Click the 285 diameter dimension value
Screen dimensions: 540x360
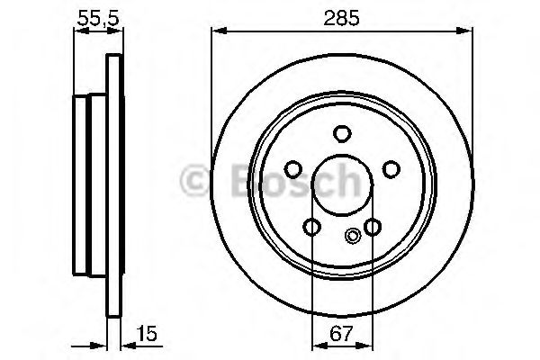tap(342, 18)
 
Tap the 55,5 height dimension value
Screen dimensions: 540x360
tap(98, 18)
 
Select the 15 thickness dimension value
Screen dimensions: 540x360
tap(147, 333)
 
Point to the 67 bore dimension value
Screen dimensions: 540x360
tap(342, 333)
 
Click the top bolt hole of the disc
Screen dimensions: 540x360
tap(342, 133)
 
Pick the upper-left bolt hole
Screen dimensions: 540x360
tap(293, 169)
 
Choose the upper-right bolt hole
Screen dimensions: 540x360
tap(391, 169)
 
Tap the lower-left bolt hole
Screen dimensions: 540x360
tap(311, 227)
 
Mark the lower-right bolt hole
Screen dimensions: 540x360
tap(373, 227)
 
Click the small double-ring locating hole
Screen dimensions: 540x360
tap(352, 236)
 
